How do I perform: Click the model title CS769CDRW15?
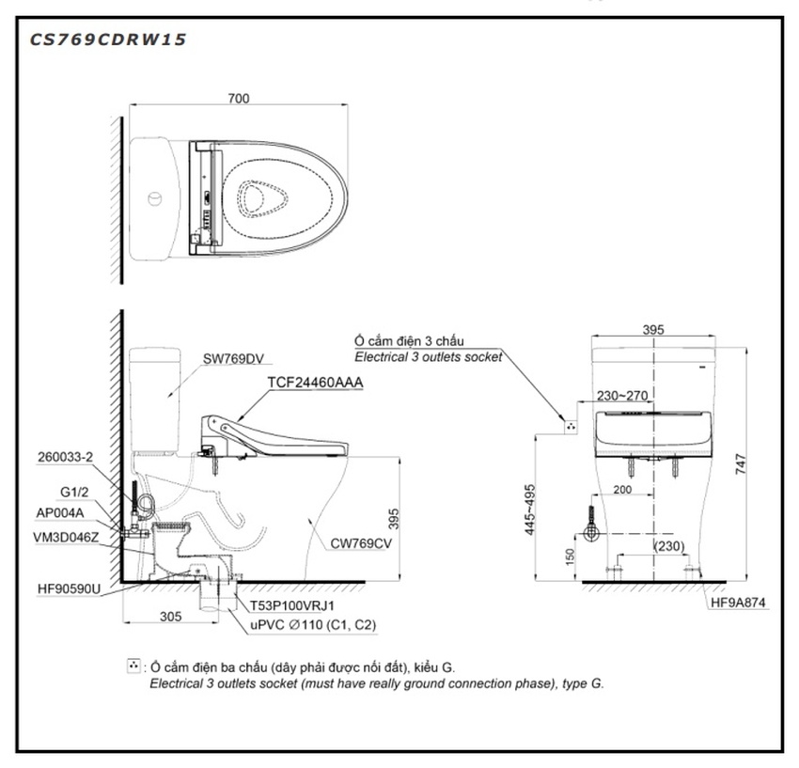(108, 39)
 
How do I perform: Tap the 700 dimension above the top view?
(238, 97)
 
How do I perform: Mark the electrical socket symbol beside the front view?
(569, 426)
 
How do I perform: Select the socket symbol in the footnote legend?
(133, 666)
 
